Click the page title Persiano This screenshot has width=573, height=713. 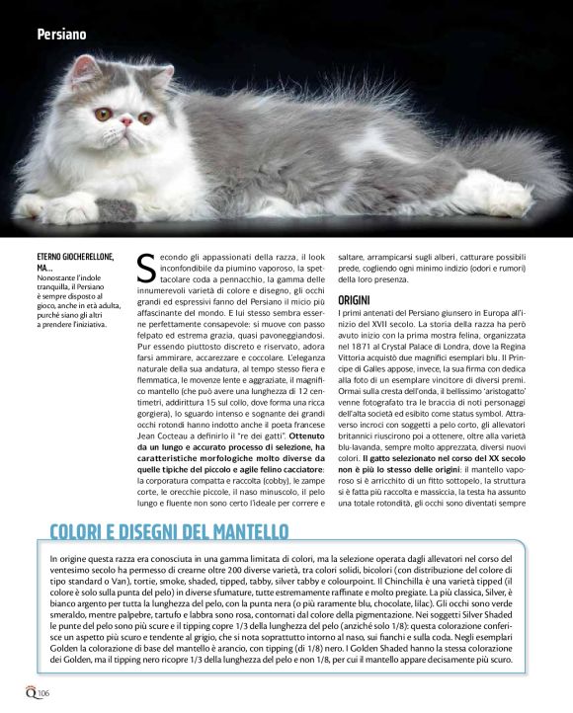61,35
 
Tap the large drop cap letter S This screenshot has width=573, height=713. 146,268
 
